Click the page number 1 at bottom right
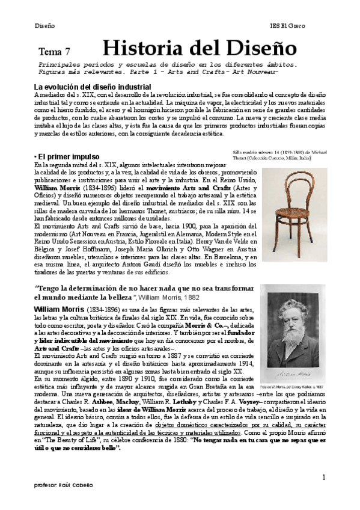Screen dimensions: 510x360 pyautogui.click(x=323, y=478)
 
